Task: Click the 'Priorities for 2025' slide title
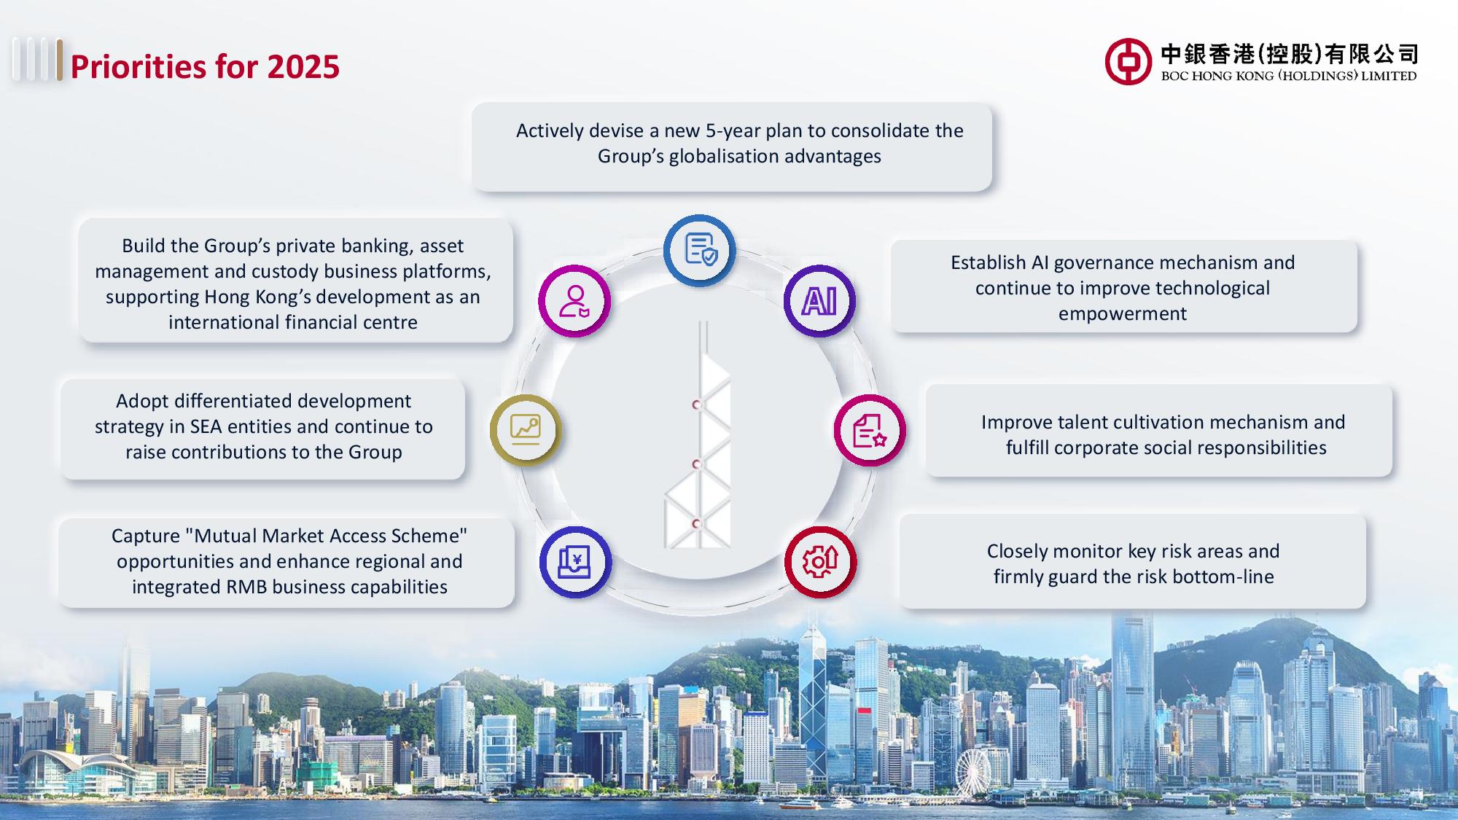tap(205, 66)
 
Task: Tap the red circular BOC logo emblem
tap(1128, 62)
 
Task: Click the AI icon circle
tap(819, 301)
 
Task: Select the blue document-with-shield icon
tap(700, 250)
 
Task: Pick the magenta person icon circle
tap(574, 301)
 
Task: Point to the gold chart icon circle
tap(526, 430)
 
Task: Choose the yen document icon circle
tap(575, 562)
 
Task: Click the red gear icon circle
tap(820, 562)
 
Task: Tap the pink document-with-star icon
tap(870, 430)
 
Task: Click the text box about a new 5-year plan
tap(732, 147)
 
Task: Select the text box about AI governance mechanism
tap(1123, 287)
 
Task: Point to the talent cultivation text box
tap(1159, 431)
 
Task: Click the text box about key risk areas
tap(1133, 562)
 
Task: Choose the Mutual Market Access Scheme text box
tap(286, 562)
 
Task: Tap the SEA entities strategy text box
tap(263, 429)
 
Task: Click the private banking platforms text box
tap(295, 281)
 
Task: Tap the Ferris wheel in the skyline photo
tap(973, 773)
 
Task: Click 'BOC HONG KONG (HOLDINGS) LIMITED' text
tap(1289, 76)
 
